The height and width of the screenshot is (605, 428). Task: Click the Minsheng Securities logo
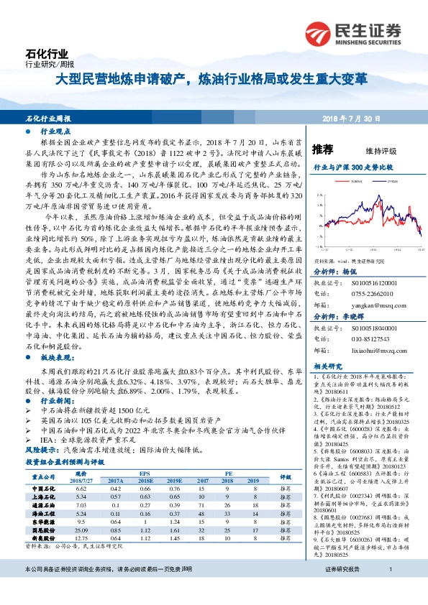353,32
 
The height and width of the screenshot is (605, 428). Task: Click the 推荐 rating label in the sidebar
324,149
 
